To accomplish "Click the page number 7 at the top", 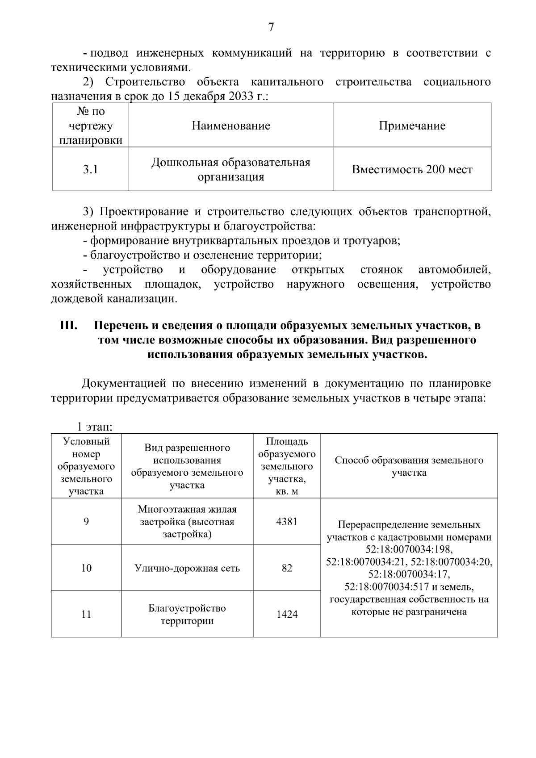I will pyautogui.click(x=270, y=28).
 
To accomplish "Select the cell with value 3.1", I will pyautogui.click(x=90, y=170).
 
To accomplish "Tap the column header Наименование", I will pyautogui.click(x=231, y=126).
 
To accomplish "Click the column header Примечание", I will pyautogui.click(x=412, y=126).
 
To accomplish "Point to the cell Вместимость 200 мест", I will pyautogui.click(x=412, y=170).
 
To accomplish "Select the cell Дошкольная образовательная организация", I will pyautogui.click(x=231, y=170).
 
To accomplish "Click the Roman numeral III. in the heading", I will pyautogui.click(x=69, y=326).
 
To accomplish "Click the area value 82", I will pyautogui.click(x=287, y=568).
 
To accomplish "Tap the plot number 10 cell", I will pyautogui.click(x=86, y=568).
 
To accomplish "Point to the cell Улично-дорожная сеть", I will pyautogui.click(x=187, y=568).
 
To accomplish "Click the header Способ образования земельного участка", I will pyautogui.click(x=409, y=466).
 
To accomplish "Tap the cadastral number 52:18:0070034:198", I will pyautogui.click(x=409, y=549).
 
